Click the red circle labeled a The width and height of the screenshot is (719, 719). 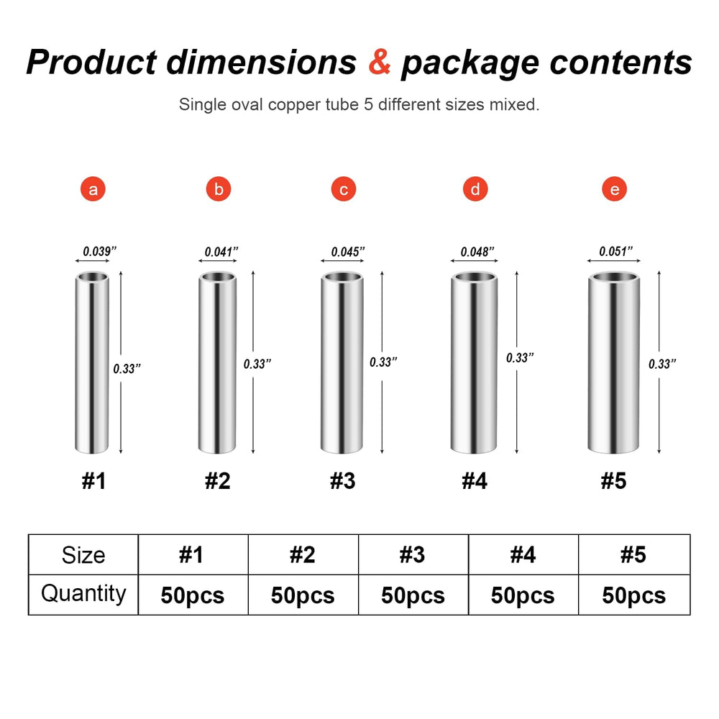(93, 189)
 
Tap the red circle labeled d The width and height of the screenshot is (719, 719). (475, 189)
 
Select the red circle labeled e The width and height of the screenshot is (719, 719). (614, 189)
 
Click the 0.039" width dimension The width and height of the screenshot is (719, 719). (99, 251)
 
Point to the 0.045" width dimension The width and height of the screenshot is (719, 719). (347, 251)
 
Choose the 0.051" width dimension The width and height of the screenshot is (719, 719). (616, 251)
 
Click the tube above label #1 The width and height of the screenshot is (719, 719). (92, 362)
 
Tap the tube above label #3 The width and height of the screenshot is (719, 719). (342, 362)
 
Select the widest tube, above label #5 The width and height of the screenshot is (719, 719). (613, 362)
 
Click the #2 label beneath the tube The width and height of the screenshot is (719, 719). (217, 481)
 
